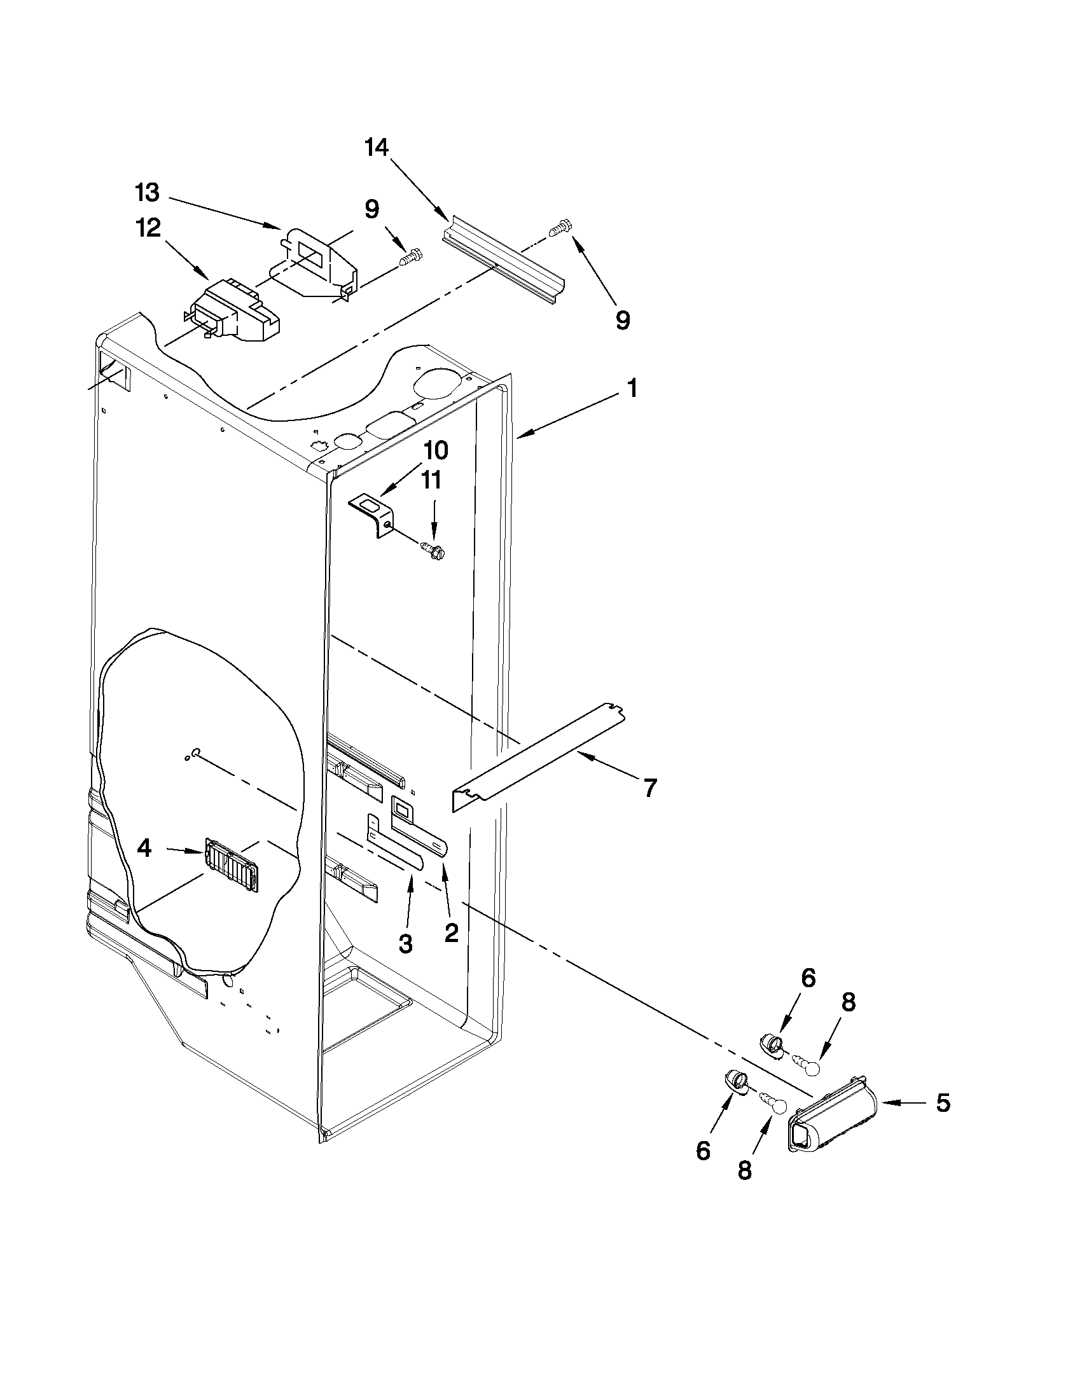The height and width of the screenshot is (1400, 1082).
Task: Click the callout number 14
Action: tap(377, 148)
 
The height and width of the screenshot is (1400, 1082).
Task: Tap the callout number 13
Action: tap(147, 191)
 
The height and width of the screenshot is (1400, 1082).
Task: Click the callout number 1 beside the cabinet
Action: tap(632, 389)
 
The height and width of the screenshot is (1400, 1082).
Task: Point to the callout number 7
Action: tap(650, 788)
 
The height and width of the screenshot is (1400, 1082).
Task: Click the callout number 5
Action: tap(943, 1102)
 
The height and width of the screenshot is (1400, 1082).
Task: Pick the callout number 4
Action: tap(144, 849)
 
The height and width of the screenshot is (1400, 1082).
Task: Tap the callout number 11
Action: tap(431, 481)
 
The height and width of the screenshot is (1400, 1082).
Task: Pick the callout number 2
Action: tap(451, 932)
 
